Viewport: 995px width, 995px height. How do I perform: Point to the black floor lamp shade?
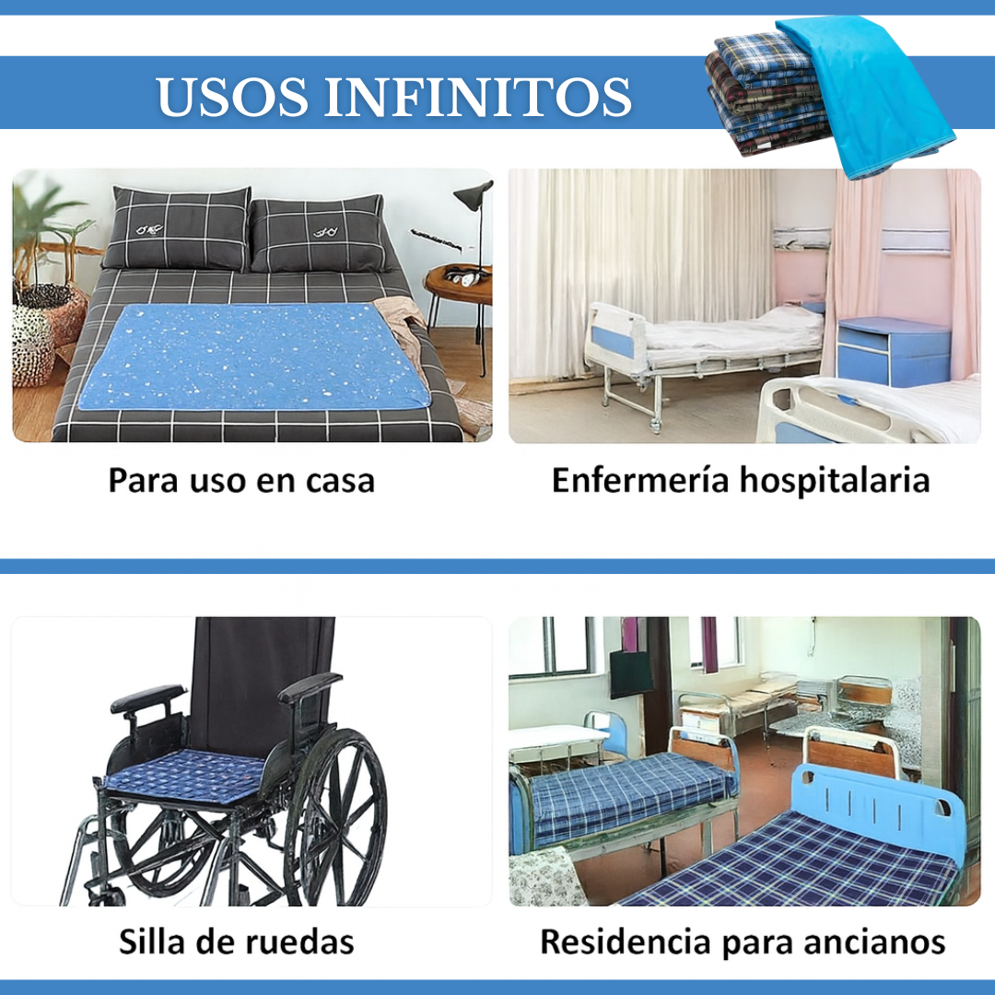click(x=475, y=194)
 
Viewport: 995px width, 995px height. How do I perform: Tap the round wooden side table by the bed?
click(x=459, y=286)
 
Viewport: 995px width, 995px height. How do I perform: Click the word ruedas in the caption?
click(x=299, y=942)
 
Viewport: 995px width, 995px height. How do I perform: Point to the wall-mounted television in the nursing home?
click(x=630, y=673)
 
